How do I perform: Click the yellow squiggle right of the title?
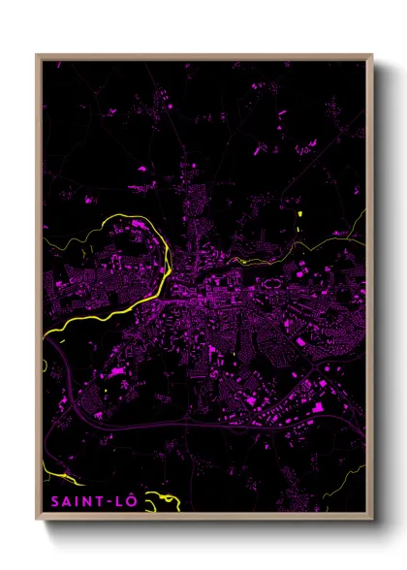[x=169, y=500]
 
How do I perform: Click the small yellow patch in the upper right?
[x=300, y=214]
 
